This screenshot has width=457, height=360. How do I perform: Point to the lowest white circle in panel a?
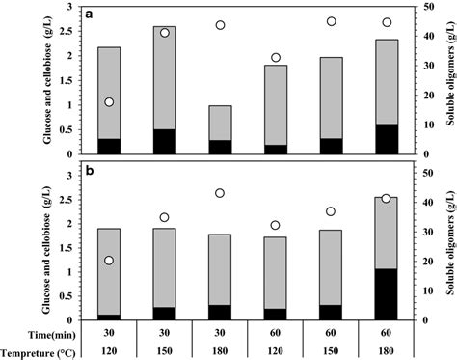tap(109, 102)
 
